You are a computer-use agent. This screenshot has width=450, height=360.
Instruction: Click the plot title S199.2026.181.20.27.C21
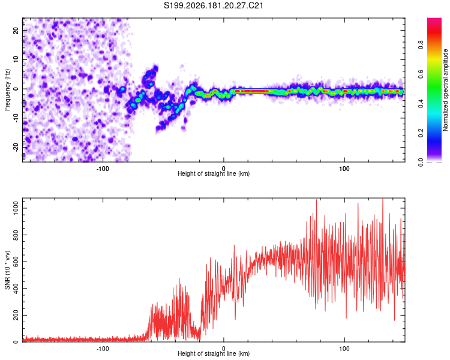(x=214, y=5)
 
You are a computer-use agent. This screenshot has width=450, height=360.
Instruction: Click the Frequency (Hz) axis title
(x=7, y=90)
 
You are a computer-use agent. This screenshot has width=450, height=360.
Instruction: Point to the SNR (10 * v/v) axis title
(x=7, y=270)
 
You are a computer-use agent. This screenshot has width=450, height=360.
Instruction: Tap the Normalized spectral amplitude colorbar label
(x=445, y=90)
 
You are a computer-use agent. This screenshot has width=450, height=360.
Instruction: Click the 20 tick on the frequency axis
(x=16, y=30)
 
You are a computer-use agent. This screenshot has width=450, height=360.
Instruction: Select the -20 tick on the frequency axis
(x=16, y=148)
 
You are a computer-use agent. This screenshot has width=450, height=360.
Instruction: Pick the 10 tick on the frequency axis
(x=16, y=59)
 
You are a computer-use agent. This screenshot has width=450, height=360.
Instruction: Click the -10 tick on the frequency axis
(x=16, y=118)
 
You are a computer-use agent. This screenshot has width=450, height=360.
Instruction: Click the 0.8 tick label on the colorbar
(x=421, y=45)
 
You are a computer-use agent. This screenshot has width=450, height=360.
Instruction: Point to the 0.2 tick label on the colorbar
(x=421, y=133)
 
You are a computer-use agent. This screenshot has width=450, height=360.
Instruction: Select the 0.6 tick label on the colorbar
(x=421, y=74)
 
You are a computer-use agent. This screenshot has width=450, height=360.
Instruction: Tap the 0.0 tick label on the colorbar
(x=421, y=162)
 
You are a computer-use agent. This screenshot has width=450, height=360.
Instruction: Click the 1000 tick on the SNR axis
(x=16, y=208)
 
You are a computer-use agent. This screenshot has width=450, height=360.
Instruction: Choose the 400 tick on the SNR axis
(x=16, y=288)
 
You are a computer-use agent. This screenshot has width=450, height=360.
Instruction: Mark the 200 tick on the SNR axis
(x=16, y=315)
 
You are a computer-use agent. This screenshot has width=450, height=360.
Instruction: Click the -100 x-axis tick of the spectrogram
(x=103, y=169)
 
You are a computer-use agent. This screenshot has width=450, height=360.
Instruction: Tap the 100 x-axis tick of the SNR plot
(x=344, y=349)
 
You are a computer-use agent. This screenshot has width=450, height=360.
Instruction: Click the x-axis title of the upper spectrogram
(x=214, y=173)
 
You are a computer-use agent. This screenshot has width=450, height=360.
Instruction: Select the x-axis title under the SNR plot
(x=214, y=353)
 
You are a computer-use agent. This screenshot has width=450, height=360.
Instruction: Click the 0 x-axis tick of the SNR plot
(x=224, y=349)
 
